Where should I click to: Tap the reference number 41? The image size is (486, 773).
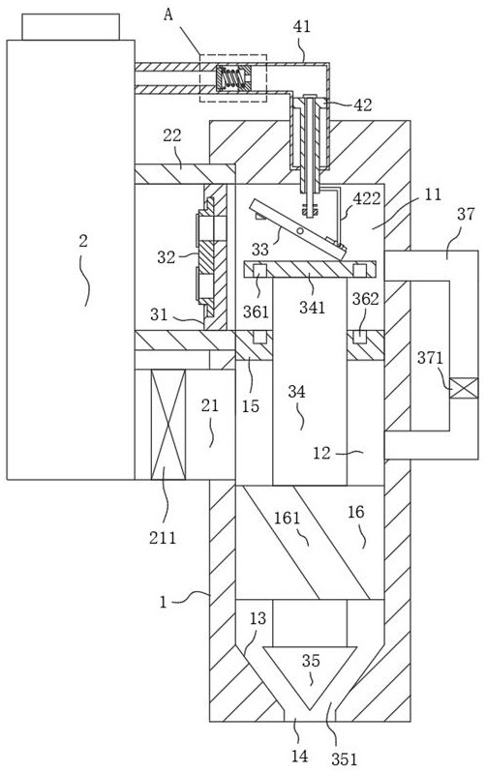(302, 27)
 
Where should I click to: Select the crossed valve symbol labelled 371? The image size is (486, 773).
(464, 388)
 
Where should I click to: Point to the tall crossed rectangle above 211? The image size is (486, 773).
(168, 425)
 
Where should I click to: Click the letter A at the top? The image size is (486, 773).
(168, 15)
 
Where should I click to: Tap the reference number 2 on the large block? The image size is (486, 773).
(83, 241)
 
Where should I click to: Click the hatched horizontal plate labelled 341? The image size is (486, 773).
(310, 269)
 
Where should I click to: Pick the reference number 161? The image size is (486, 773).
(288, 519)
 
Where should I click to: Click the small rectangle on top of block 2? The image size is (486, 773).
(71, 27)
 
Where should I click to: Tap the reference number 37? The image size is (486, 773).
(466, 214)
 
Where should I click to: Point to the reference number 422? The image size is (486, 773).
(367, 198)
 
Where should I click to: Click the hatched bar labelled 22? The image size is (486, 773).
(185, 173)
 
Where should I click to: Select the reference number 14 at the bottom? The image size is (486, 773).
(299, 755)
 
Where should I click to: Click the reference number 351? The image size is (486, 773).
(344, 759)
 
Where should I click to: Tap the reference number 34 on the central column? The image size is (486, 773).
(296, 393)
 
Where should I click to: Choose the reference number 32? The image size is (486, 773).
(167, 256)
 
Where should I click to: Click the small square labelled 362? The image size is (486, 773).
(361, 337)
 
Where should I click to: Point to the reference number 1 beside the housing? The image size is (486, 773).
(164, 602)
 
